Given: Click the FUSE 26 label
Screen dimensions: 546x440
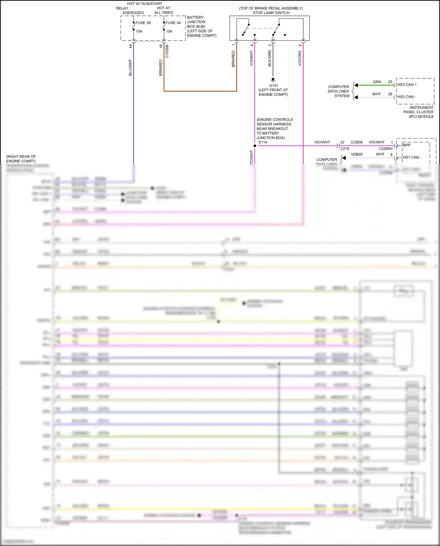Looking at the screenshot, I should (x=143, y=23).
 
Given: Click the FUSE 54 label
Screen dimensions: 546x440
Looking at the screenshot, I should (x=173, y=23).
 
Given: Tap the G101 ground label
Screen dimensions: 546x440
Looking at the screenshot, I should (x=273, y=86).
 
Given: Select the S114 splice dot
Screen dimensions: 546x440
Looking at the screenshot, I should (x=255, y=146).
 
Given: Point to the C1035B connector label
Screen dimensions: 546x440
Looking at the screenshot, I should (x=167, y=51).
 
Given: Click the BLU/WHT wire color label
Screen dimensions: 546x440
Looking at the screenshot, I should (x=130, y=68).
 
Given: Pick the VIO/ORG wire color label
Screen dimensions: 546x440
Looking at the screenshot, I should (x=300, y=58).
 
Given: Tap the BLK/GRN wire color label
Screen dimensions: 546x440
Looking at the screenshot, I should (x=270, y=58).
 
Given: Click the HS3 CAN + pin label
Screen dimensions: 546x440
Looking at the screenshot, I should (x=407, y=85).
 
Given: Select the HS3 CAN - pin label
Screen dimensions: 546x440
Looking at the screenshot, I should (x=407, y=97).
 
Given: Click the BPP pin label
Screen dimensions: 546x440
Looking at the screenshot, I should (x=407, y=145).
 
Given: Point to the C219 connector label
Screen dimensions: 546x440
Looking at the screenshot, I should (x=345, y=149).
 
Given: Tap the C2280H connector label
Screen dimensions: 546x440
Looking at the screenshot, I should (x=385, y=149).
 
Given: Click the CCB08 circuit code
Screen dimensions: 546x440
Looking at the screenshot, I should (x=356, y=142).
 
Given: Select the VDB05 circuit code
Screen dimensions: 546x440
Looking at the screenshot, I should (x=356, y=154).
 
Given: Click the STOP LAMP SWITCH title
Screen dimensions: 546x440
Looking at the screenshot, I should (x=271, y=13).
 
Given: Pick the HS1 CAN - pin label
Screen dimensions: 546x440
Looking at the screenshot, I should (x=412, y=158).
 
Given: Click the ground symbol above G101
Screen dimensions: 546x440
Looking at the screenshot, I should (x=273, y=80).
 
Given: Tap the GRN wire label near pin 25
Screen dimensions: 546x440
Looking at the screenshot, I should (x=377, y=82).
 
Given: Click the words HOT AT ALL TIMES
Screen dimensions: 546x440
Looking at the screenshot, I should (x=164, y=10).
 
